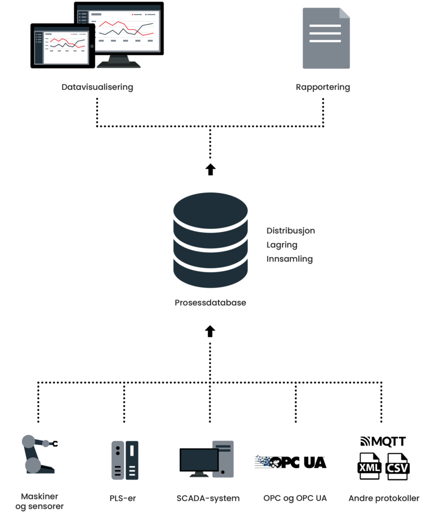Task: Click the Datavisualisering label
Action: pos(97,87)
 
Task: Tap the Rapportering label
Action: pos(322,87)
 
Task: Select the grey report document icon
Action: pos(326,37)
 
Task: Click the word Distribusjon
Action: pos(290,231)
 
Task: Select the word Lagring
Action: pos(282,245)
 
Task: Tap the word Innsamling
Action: pos(289,259)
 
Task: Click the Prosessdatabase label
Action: pos(210,303)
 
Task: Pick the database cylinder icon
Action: pos(210,240)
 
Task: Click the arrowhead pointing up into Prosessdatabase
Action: pos(210,329)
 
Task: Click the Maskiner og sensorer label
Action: pos(39,501)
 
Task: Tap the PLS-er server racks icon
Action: pos(124,460)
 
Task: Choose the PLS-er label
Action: pos(122,498)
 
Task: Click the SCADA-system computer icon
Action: pos(206,459)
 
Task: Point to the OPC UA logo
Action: pos(290,462)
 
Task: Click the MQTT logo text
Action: pos(383,442)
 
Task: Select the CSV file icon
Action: pos(396,467)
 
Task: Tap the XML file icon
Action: pos(370,467)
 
